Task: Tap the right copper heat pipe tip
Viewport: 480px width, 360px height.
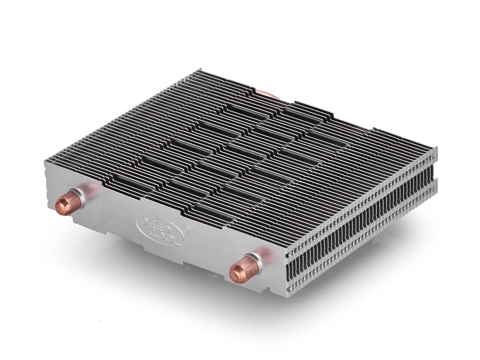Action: click(x=239, y=272)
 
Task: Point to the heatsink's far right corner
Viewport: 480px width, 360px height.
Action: click(x=437, y=149)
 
